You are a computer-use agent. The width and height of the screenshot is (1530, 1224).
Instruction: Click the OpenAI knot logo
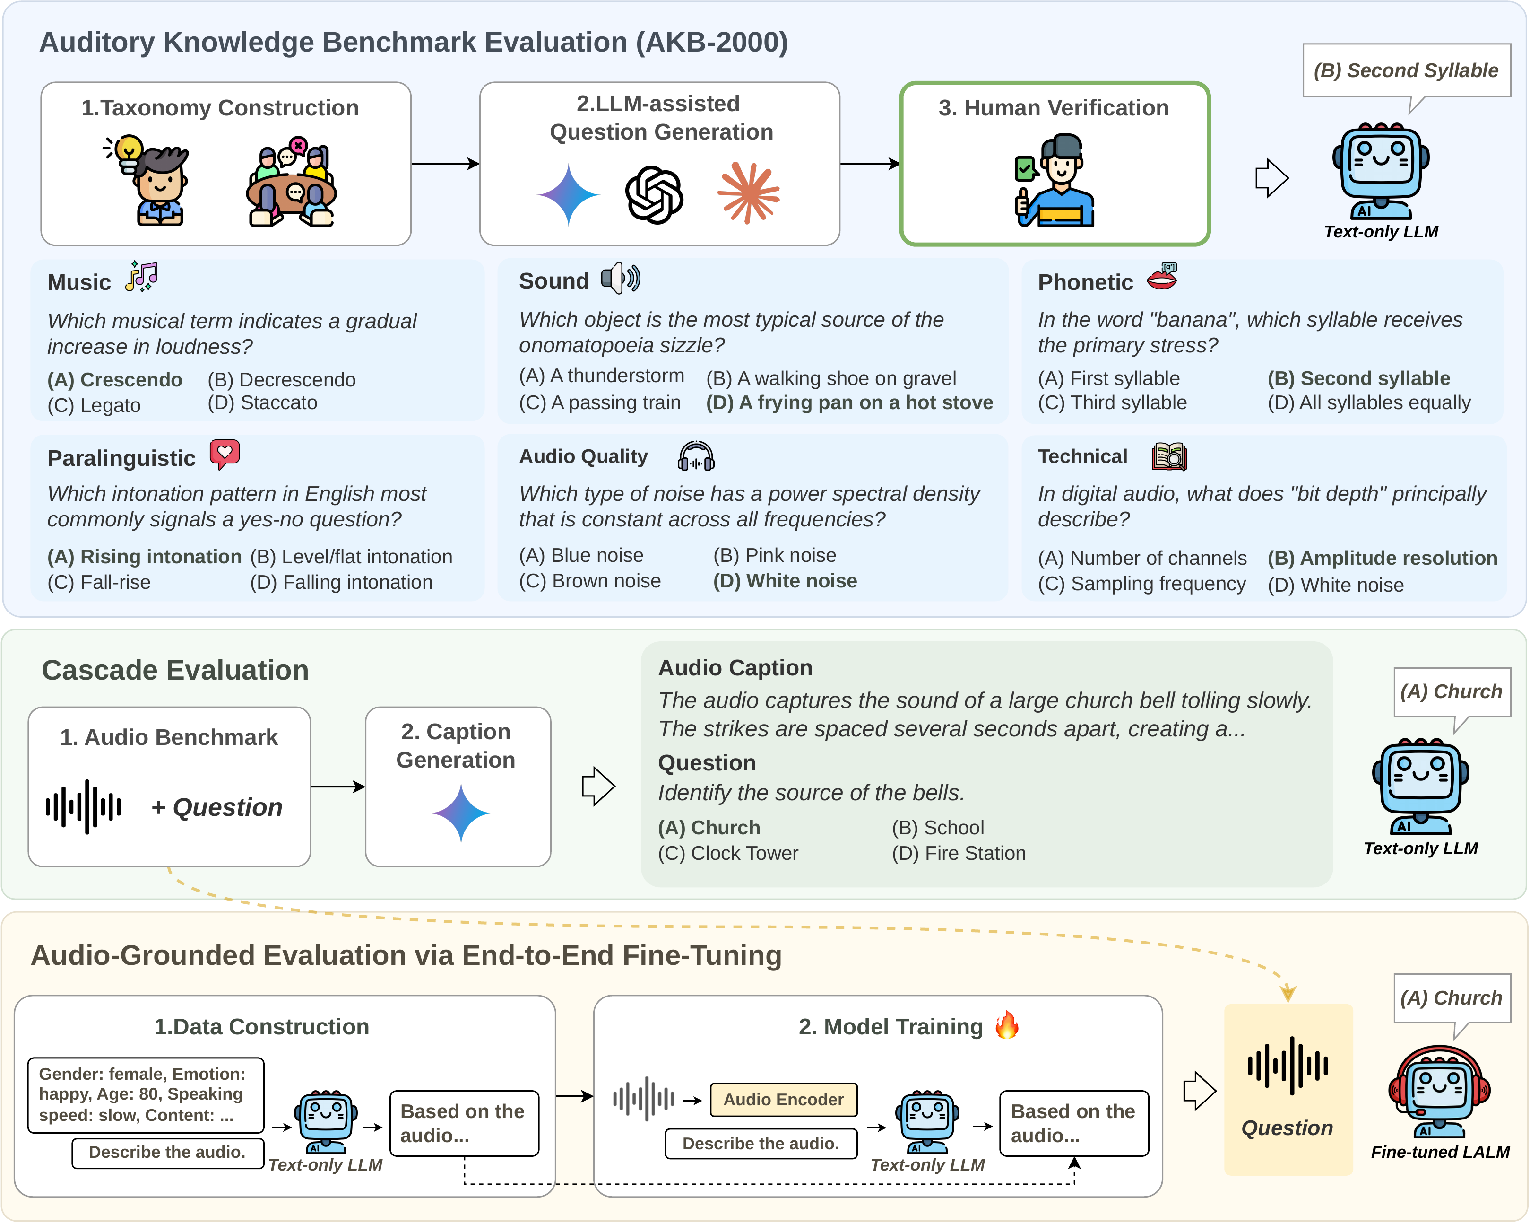click(654, 194)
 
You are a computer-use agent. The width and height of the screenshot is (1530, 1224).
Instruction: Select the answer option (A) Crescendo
click(114, 380)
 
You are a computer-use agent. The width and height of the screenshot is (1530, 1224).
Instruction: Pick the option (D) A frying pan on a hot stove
click(849, 402)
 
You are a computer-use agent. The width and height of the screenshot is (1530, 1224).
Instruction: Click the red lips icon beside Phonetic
click(1162, 277)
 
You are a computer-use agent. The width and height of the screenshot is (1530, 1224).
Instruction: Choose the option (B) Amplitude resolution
click(1382, 558)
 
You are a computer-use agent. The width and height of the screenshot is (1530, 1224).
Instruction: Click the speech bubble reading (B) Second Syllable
click(1405, 71)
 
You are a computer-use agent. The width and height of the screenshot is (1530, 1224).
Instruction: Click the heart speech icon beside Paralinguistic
click(225, 454)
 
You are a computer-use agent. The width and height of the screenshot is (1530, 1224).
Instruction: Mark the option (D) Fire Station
click(958, 853)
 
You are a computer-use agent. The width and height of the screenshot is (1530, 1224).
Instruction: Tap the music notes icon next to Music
click(142, 277)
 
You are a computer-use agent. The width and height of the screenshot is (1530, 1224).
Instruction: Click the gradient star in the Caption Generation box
click(460, 813)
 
